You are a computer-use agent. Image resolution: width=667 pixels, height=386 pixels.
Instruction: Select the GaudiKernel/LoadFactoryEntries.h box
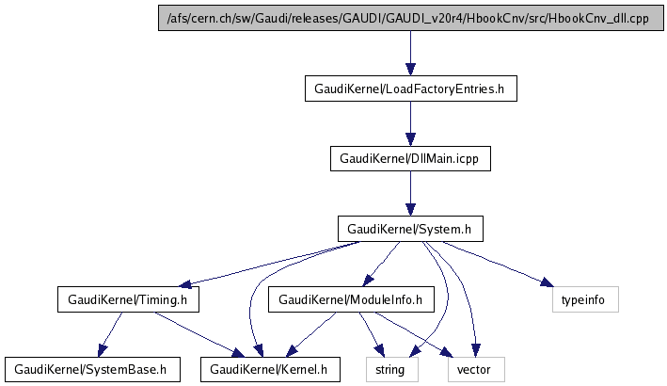coord(410,89)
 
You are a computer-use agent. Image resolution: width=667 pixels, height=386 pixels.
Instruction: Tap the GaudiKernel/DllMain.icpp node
coord(410,158)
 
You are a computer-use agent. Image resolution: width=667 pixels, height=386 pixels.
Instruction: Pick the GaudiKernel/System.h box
coord(410,229)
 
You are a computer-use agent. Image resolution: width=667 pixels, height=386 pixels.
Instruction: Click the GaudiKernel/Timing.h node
coord(129,299)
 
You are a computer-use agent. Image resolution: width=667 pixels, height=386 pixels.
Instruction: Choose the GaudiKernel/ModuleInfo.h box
coord(350,299)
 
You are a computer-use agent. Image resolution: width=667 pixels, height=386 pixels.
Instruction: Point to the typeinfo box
coord(584,299)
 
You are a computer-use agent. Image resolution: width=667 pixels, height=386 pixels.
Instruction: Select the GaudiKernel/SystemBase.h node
coord(91,369)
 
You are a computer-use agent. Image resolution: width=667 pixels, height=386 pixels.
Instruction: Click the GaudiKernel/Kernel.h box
coord(269,369)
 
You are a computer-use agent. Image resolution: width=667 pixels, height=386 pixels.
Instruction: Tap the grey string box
coord(389,369)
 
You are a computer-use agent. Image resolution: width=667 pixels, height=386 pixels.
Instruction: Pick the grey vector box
coord(474,369)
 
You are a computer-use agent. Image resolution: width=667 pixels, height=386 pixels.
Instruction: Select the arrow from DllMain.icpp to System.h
coord(410,194)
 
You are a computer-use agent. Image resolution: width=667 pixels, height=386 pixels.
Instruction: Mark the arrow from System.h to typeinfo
coord(499,265)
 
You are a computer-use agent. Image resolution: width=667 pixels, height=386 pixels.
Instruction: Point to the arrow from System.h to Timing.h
coord(273,264)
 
